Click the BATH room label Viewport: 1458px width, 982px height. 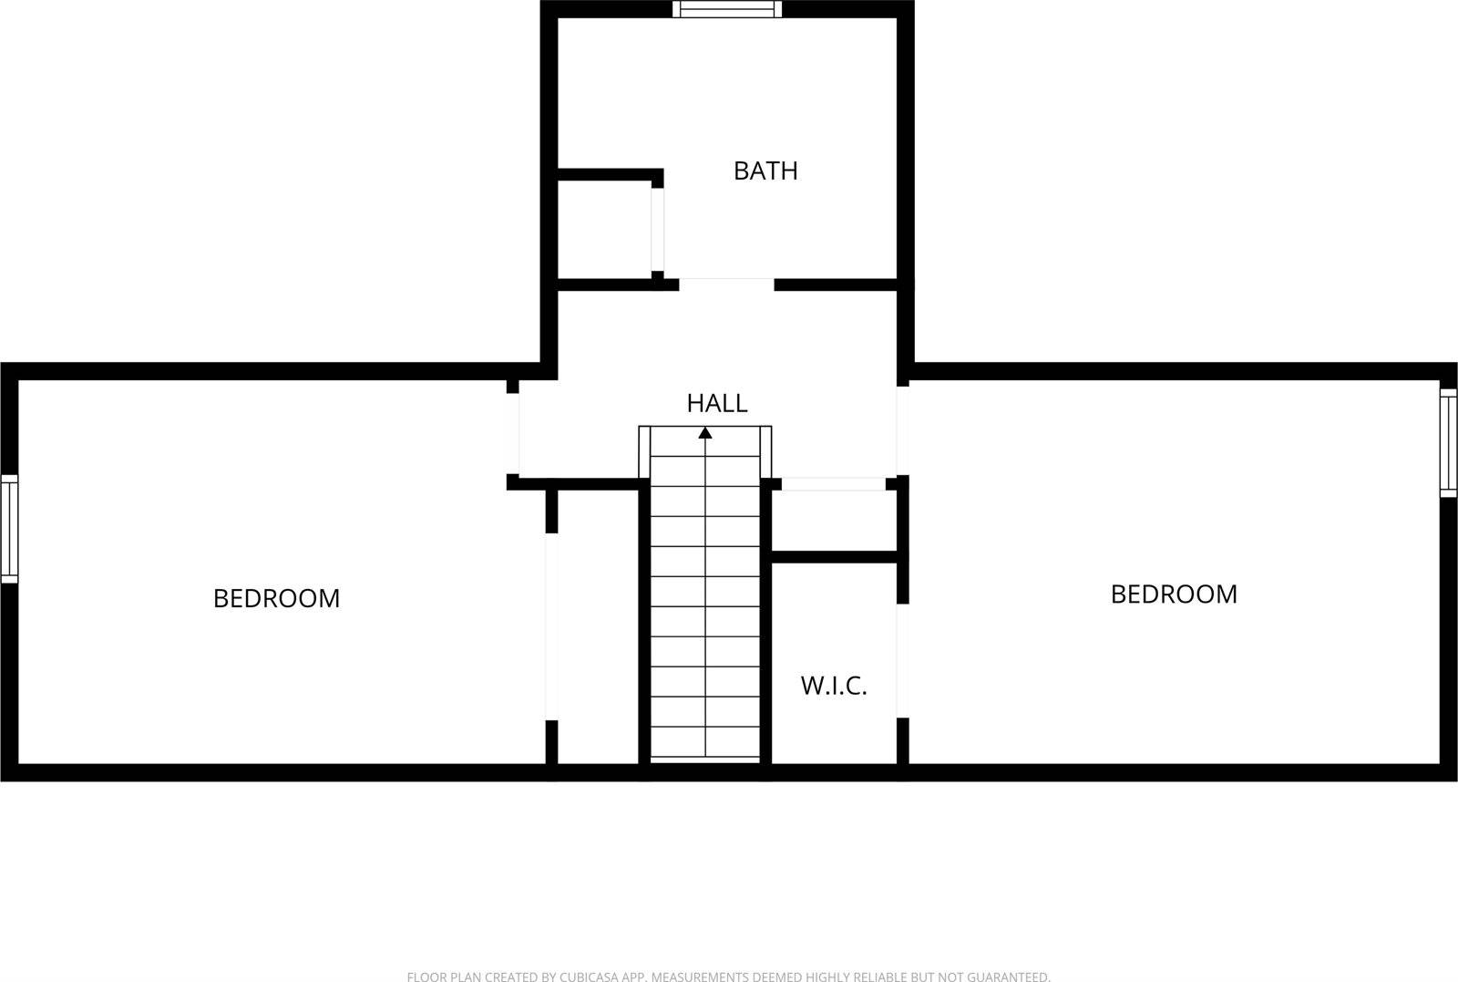pos(765,171)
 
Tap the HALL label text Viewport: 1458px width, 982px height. pos(717,403)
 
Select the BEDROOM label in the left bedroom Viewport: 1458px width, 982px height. pos(276,598)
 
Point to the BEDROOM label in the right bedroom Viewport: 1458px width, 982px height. pos(1174,594)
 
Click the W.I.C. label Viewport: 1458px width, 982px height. pos(834,686)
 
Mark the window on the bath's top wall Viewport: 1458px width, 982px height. pos(727,9)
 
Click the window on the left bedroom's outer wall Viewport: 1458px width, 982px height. pos(9,529)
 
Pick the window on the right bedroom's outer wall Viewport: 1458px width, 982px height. pos(1448,443)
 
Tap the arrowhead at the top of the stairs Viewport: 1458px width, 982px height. pos(705,432)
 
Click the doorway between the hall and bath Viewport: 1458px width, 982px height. pos(726,284)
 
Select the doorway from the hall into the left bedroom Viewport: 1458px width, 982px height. pos(513,434)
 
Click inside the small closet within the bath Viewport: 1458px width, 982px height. pos(603,230)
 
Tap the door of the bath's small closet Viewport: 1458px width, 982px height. pos(657,230)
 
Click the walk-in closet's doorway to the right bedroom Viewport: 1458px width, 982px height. pos(903,661)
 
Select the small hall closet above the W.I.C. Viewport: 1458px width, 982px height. pos(834,522)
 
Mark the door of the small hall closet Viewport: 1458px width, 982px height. pos(834,484)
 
